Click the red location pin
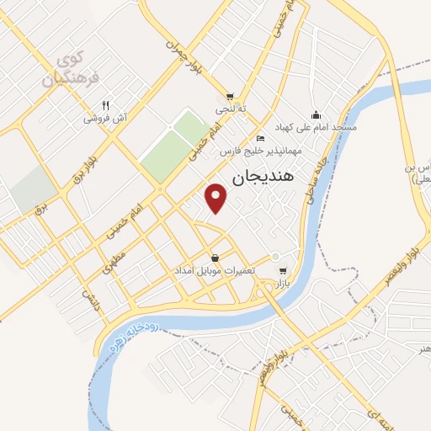pos(217,199)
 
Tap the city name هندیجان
pos(261,178)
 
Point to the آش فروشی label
pos(105,119)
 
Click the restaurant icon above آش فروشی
pos(105,106)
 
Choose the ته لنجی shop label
pos(229,109)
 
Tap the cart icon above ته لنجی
pos(229,97)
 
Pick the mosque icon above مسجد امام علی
pos(315,114)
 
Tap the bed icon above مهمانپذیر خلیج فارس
pos(261,138)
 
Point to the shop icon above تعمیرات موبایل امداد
pos(215,258)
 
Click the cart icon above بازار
pos(283,271)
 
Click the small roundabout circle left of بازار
pos(274,257)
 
